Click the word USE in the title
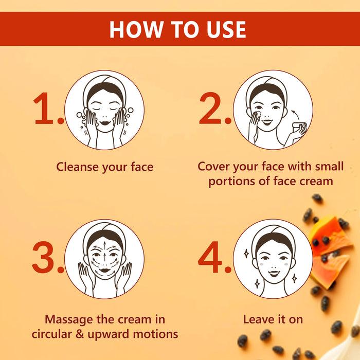(224, 29)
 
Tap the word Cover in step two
(213, 167)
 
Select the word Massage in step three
(69, 319)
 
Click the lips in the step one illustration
(104, 122)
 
